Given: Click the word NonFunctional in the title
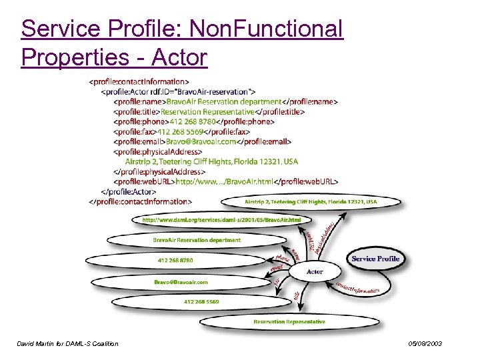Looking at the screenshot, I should (x=266, y=29).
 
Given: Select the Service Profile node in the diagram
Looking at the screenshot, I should (x=375, y=259).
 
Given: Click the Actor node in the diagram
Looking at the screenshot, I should (x=315, y=271).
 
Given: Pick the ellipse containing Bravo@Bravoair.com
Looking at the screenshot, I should (x=181, y=282).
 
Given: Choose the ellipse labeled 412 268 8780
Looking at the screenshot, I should (x=175, y=260).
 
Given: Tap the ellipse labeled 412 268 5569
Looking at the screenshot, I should (x=201, y=302).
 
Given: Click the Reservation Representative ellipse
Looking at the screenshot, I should (x=289, y=322).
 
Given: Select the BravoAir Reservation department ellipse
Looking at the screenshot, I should (x=196, y=240).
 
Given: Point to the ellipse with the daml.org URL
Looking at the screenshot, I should (x=221, y=219).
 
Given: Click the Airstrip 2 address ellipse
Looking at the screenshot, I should (x=311, y=201).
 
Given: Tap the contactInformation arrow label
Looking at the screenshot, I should (x=357, y=288).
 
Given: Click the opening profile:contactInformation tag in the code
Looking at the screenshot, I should (x=139, y=82).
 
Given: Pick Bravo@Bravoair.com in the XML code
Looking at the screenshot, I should (x=201, y=142).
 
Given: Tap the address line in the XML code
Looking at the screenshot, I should (x=211, y=161).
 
